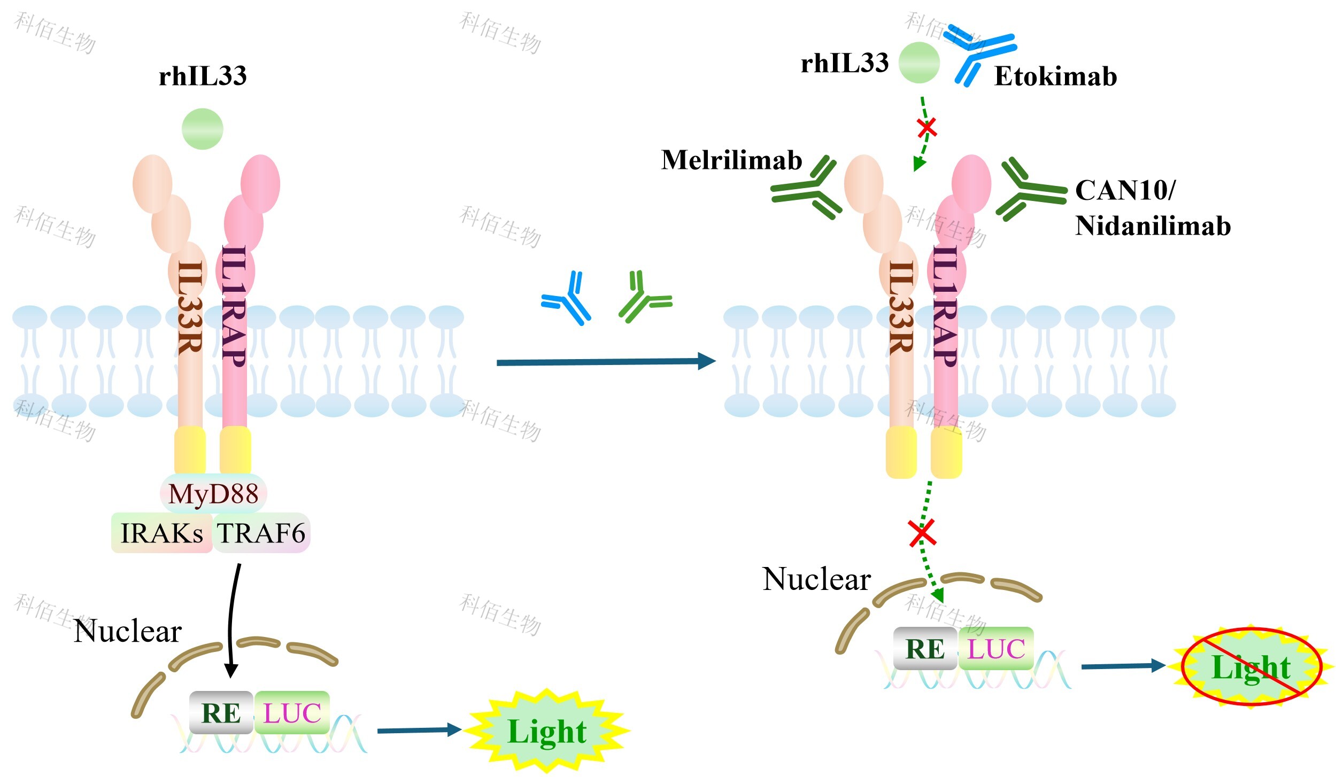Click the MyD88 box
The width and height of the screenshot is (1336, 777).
click(x=213, y=493)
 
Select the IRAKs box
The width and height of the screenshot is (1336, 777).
click(x=162, y=533)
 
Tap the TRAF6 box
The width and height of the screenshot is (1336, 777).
click(x=261, y=533)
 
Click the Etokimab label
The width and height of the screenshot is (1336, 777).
click(x=1055, y=76)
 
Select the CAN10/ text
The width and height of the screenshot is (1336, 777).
click(x=1125, y=190)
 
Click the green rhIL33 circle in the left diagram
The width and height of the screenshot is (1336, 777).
click(x=202, y=129)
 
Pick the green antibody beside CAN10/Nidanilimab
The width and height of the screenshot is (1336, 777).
click(x=1030, y=190)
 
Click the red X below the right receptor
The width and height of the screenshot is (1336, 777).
click(x=923, y=532)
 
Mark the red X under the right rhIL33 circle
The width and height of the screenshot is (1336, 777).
click(x=926, y=128)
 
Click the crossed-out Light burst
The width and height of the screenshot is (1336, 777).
click(x=1251, y=666)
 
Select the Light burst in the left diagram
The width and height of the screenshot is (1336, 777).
click(x=546, y=731)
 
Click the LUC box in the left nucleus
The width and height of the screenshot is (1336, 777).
click(x=292, y=712)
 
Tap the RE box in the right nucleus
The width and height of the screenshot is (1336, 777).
click(x=925, y=648)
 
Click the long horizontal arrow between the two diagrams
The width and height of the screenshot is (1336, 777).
click(x=606, y=362)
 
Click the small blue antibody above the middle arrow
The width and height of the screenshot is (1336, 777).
click(x=565, y=298)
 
